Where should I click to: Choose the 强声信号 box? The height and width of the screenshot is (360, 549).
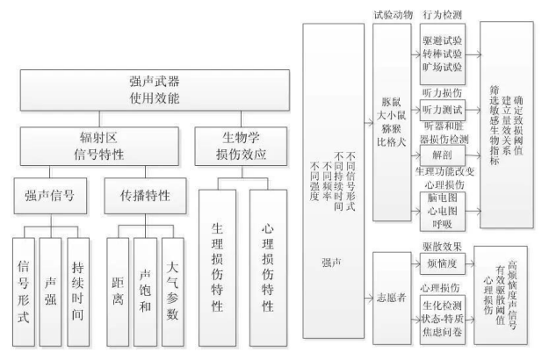(x=51, y=195)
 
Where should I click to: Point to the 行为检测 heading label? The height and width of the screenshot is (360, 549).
(x=442, y=16)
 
